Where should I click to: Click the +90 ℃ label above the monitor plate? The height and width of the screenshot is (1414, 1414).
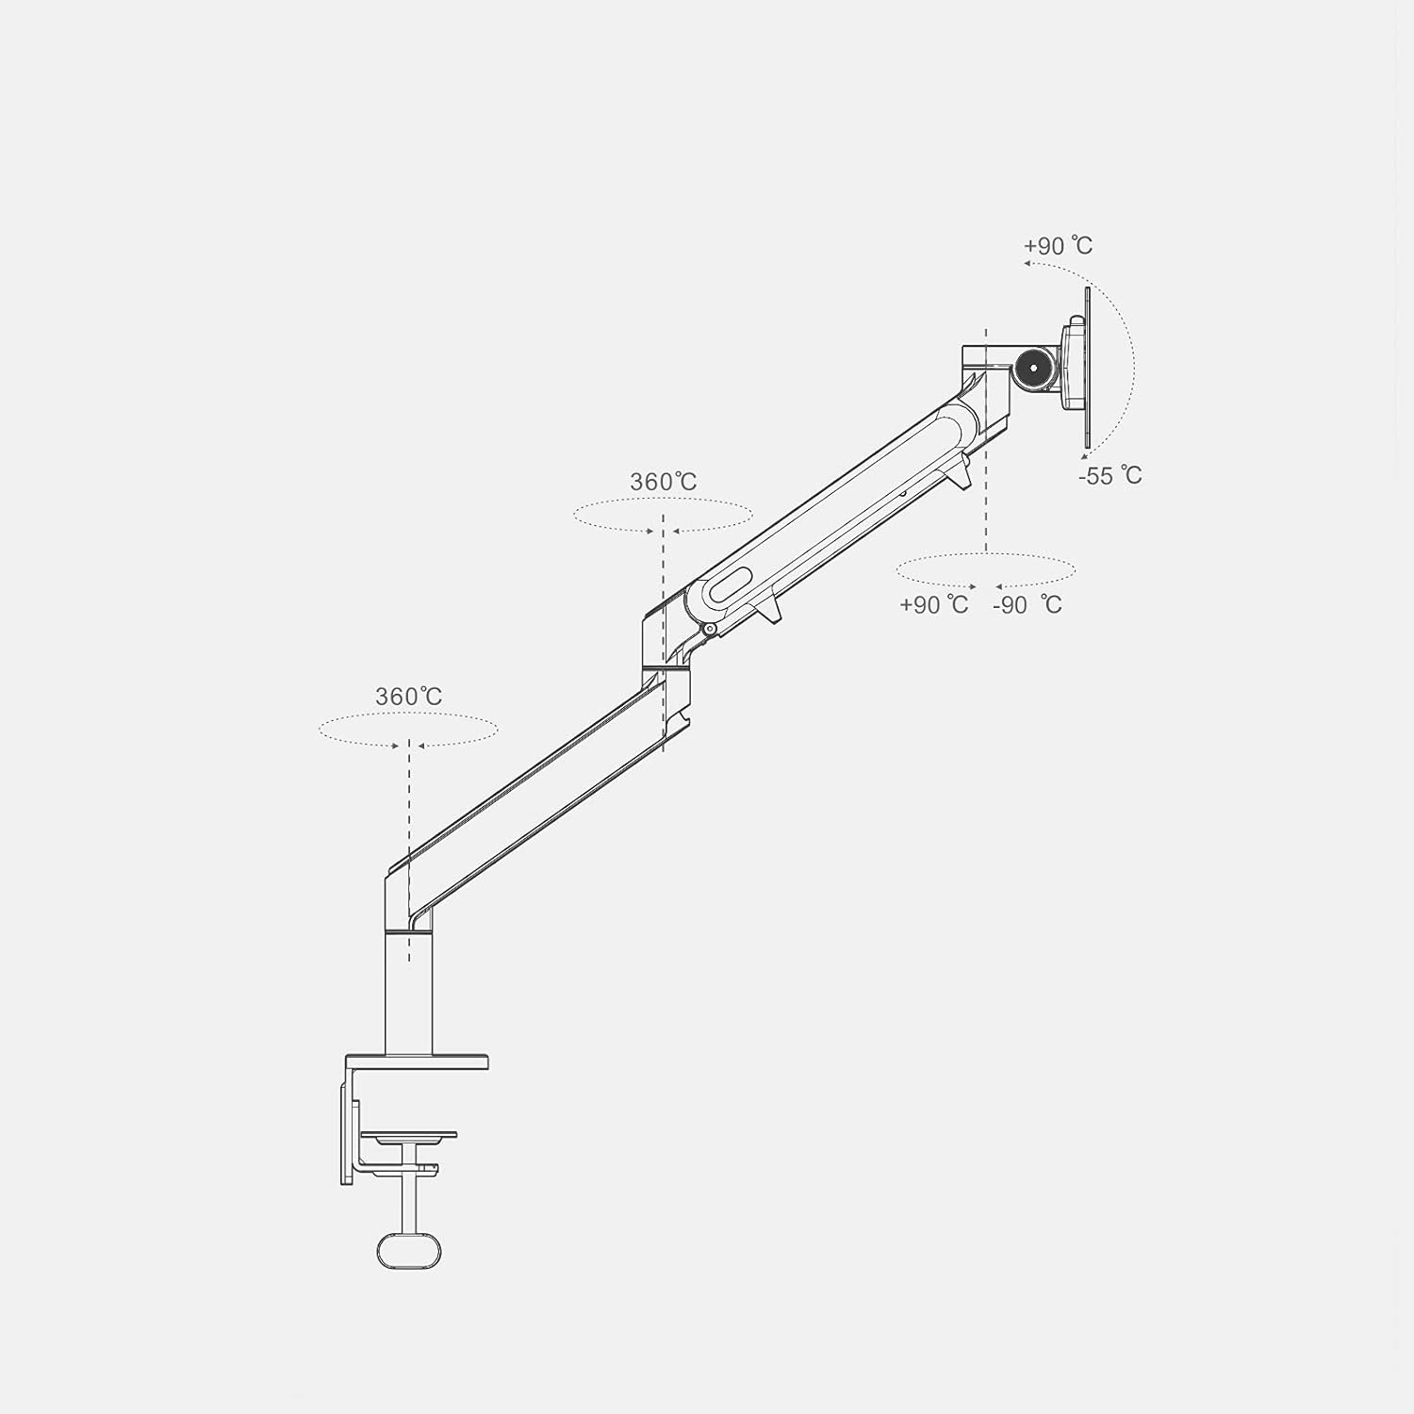pos(1058,246)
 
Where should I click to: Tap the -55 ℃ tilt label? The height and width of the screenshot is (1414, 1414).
pos(1110,475)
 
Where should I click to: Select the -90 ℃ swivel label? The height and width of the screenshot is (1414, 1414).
pos(1027,604)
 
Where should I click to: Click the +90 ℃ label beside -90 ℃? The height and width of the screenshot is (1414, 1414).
pos(933,604)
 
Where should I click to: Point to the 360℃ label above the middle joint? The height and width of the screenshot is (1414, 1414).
pos(664,482)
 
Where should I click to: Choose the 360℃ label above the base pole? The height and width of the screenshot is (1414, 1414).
pos(409,697)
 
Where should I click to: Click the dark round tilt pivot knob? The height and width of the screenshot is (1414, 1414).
pos(1035,366)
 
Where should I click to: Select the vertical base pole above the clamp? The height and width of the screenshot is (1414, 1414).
pos(409,993)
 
